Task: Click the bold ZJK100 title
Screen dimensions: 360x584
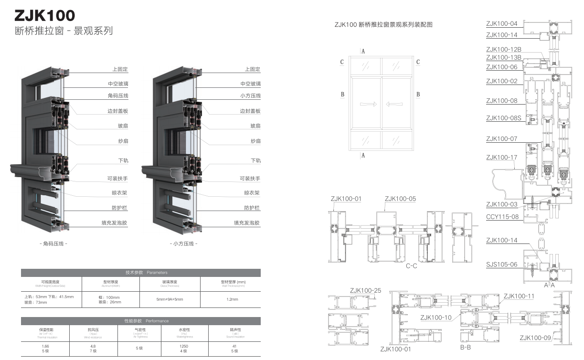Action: [45, 15]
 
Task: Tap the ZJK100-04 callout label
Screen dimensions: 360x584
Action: [501, 23]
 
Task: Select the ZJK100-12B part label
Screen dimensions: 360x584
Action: [503, 49]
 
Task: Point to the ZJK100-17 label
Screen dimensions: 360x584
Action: [501, 158]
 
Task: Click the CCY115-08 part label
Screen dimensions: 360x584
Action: [502, 217]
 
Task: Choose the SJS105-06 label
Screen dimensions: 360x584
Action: [501, 264]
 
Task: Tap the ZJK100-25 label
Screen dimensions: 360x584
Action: [365, 290]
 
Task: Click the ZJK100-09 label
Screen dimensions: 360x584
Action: [535, 338]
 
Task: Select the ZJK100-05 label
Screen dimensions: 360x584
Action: [400, 199]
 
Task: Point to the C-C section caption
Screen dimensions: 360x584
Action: [411, 266]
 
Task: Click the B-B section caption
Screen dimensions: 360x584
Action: [465, 348]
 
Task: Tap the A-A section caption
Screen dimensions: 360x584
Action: [550, 285]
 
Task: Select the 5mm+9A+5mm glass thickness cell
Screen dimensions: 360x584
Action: [170, 299]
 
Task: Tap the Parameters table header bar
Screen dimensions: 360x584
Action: [141, 273]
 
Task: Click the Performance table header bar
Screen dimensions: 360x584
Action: [141, 321]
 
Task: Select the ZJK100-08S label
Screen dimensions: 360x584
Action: [503, 118]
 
